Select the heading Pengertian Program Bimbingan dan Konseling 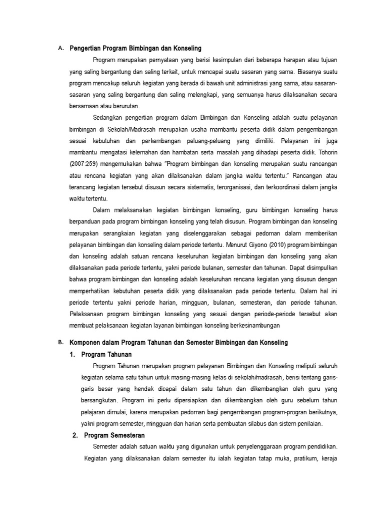point(135,49)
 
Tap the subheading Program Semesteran point(114,436)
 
